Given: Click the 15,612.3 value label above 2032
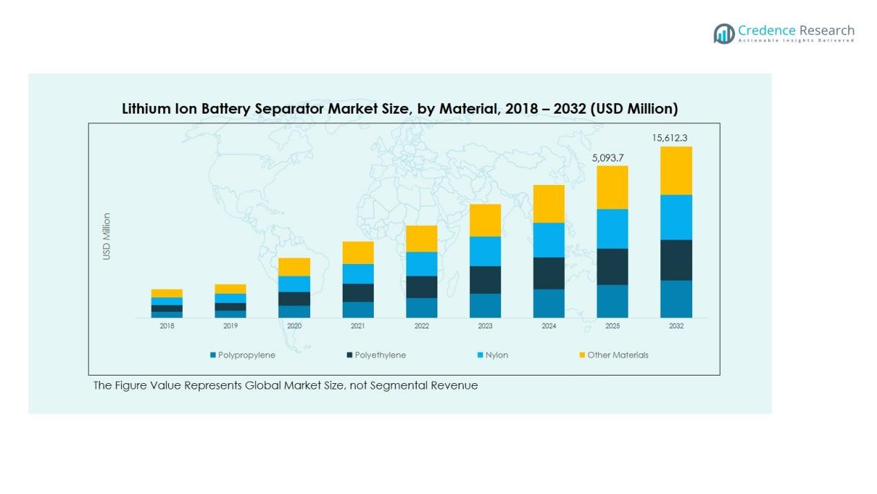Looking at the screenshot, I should [669, 138].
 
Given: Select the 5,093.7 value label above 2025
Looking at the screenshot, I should [607, 158].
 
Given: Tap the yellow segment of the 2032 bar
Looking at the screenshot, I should [676, 170].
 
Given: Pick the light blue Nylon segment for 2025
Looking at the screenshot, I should [612, 229].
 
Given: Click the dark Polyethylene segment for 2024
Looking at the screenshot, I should [548, 273].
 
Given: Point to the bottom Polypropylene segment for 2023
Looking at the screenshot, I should [485, 306].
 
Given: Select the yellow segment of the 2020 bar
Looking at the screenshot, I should [294, 267].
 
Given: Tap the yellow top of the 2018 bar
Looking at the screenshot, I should [167, 293].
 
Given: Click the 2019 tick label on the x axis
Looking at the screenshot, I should [230, 326].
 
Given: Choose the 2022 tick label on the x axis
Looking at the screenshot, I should [422, 326].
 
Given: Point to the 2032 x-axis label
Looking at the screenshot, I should [676, 326].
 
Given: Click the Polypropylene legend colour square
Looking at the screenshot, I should [213, 355].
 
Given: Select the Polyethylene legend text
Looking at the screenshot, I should [380, 355].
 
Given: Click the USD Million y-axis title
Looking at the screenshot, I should [107, 236].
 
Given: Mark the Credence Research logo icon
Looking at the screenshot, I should [724, 33].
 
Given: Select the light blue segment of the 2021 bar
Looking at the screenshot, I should [358, 274].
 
